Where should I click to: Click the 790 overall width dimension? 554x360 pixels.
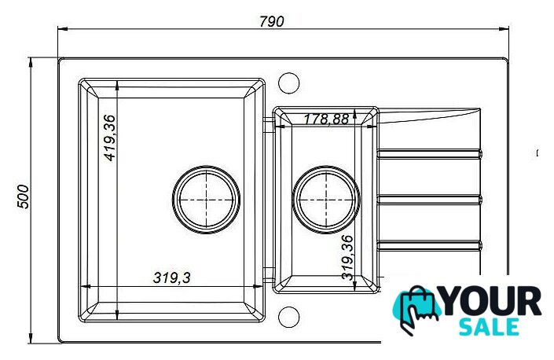pyautogui.click(x=271, y=21)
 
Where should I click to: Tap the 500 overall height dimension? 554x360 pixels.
pyautogui.click(x=23, y=197)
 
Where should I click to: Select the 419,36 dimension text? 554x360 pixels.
pyautogui.click(x=110, y=138)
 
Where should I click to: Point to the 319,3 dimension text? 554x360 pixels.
pyautogui.click(x=172, y=277)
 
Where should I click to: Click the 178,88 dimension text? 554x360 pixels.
pyautogui.click(x=326, y=119)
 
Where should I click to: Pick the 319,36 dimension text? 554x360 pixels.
pyautogui.click(x=347, y=258)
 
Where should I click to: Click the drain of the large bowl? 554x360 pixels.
pyautogui.click(x=207, y=200)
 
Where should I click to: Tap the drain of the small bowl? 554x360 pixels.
pyautogui.click(x=326, y=200)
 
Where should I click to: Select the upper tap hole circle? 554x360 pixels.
pyautogui.click(x=288, y=83)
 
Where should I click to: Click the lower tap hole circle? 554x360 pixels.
pyautogui.click(x=288, y=317)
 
